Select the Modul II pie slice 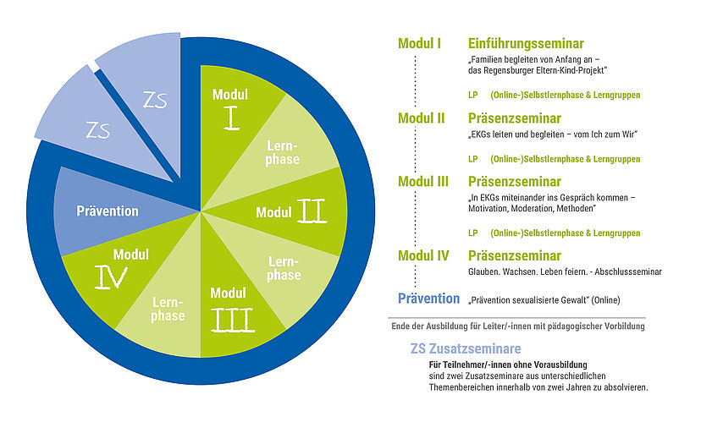290,212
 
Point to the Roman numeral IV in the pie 111,277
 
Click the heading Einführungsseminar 526,44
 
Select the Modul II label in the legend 422,118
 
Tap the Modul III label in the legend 423,182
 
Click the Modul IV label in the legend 423,256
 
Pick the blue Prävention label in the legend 428,299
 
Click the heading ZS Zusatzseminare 466,348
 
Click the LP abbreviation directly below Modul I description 472,95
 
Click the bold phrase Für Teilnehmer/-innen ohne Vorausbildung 508,364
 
